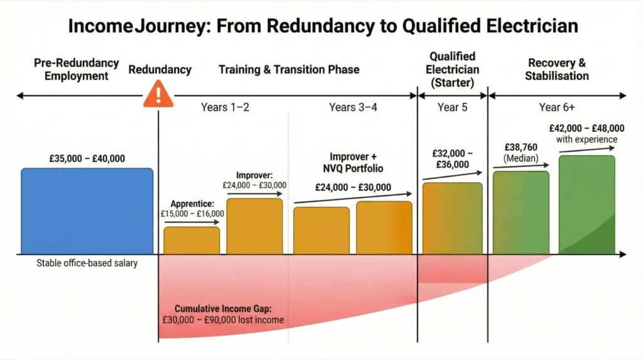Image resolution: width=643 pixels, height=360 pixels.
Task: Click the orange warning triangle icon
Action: pos(158,96)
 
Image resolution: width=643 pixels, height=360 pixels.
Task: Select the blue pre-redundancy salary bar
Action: pos(87,211)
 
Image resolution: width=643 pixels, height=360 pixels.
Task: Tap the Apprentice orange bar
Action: pos(192,241)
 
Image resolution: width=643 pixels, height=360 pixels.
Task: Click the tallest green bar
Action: pos(586,205)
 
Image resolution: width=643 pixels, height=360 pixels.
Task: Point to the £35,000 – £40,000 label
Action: pos(87,158)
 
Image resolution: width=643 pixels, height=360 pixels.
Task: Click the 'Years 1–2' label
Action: pos(225,107)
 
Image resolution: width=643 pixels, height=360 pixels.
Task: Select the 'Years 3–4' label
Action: pos(353,107)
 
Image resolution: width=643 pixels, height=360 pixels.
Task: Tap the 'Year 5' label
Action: pos(452,107)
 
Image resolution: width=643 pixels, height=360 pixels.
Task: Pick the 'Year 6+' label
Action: pos(557,107)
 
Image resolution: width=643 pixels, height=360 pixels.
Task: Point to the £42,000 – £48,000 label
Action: pos(586,128)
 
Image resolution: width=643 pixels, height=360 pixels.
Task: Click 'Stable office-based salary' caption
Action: pos(87,263)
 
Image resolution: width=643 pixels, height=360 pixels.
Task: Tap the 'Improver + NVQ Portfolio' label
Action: pos(355,162)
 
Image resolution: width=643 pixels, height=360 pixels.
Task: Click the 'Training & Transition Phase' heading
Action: pos(289,69)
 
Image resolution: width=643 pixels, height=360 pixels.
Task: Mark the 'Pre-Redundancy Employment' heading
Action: pos(77,69)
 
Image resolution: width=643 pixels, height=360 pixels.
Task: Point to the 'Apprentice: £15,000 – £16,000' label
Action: pos(192,209)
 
